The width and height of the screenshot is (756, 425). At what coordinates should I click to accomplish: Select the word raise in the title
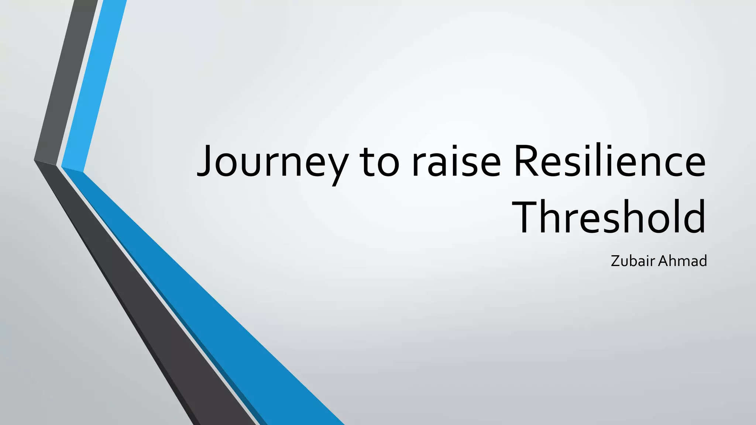(456, 162)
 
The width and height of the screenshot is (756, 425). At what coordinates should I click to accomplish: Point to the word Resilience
(609, 162)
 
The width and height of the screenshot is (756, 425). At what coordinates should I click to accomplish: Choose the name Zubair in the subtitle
(633, 261)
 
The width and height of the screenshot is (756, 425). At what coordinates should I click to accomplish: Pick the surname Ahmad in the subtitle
(683, 261)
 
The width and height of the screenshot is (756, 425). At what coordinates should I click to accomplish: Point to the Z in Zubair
(615, 261)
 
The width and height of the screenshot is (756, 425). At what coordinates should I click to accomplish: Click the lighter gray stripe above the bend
(66, 81)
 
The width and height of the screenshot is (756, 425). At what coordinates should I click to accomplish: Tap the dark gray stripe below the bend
(148, 295)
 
